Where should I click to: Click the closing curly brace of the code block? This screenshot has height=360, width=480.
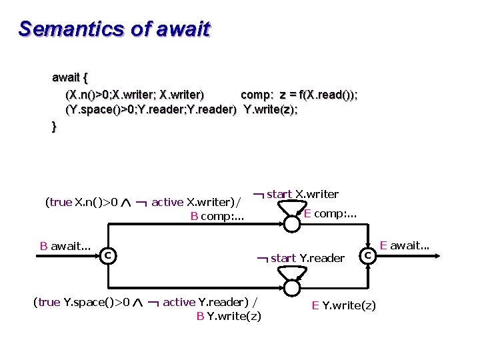tap(55, 127)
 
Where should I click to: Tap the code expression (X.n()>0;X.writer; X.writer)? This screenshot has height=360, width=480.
tap(135, 95)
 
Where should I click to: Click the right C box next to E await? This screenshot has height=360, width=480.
tap(368, 254)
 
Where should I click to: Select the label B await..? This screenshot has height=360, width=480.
tap(65, 246)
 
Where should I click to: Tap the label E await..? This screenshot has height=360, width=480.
tap(405, 246)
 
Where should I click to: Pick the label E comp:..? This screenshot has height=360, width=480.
tap(331, 214)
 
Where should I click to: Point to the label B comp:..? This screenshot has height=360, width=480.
tap(217, 216)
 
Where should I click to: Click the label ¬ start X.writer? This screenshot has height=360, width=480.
tap(297, 195)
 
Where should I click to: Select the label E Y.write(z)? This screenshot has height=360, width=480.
tap(344, 305)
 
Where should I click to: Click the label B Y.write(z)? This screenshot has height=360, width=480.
tap(229, 316)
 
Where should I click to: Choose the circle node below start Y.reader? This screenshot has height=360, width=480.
tap(291, 287)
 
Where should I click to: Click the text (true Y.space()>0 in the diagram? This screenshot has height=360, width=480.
tap(81, 303)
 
